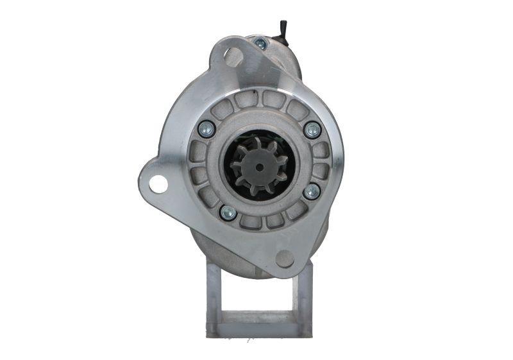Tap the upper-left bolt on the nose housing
tap(206, 128)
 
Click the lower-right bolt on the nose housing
tap(312, 191)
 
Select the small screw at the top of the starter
tap(260, 44)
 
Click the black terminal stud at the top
tap(282, 29)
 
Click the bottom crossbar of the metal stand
tap(259, 327)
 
